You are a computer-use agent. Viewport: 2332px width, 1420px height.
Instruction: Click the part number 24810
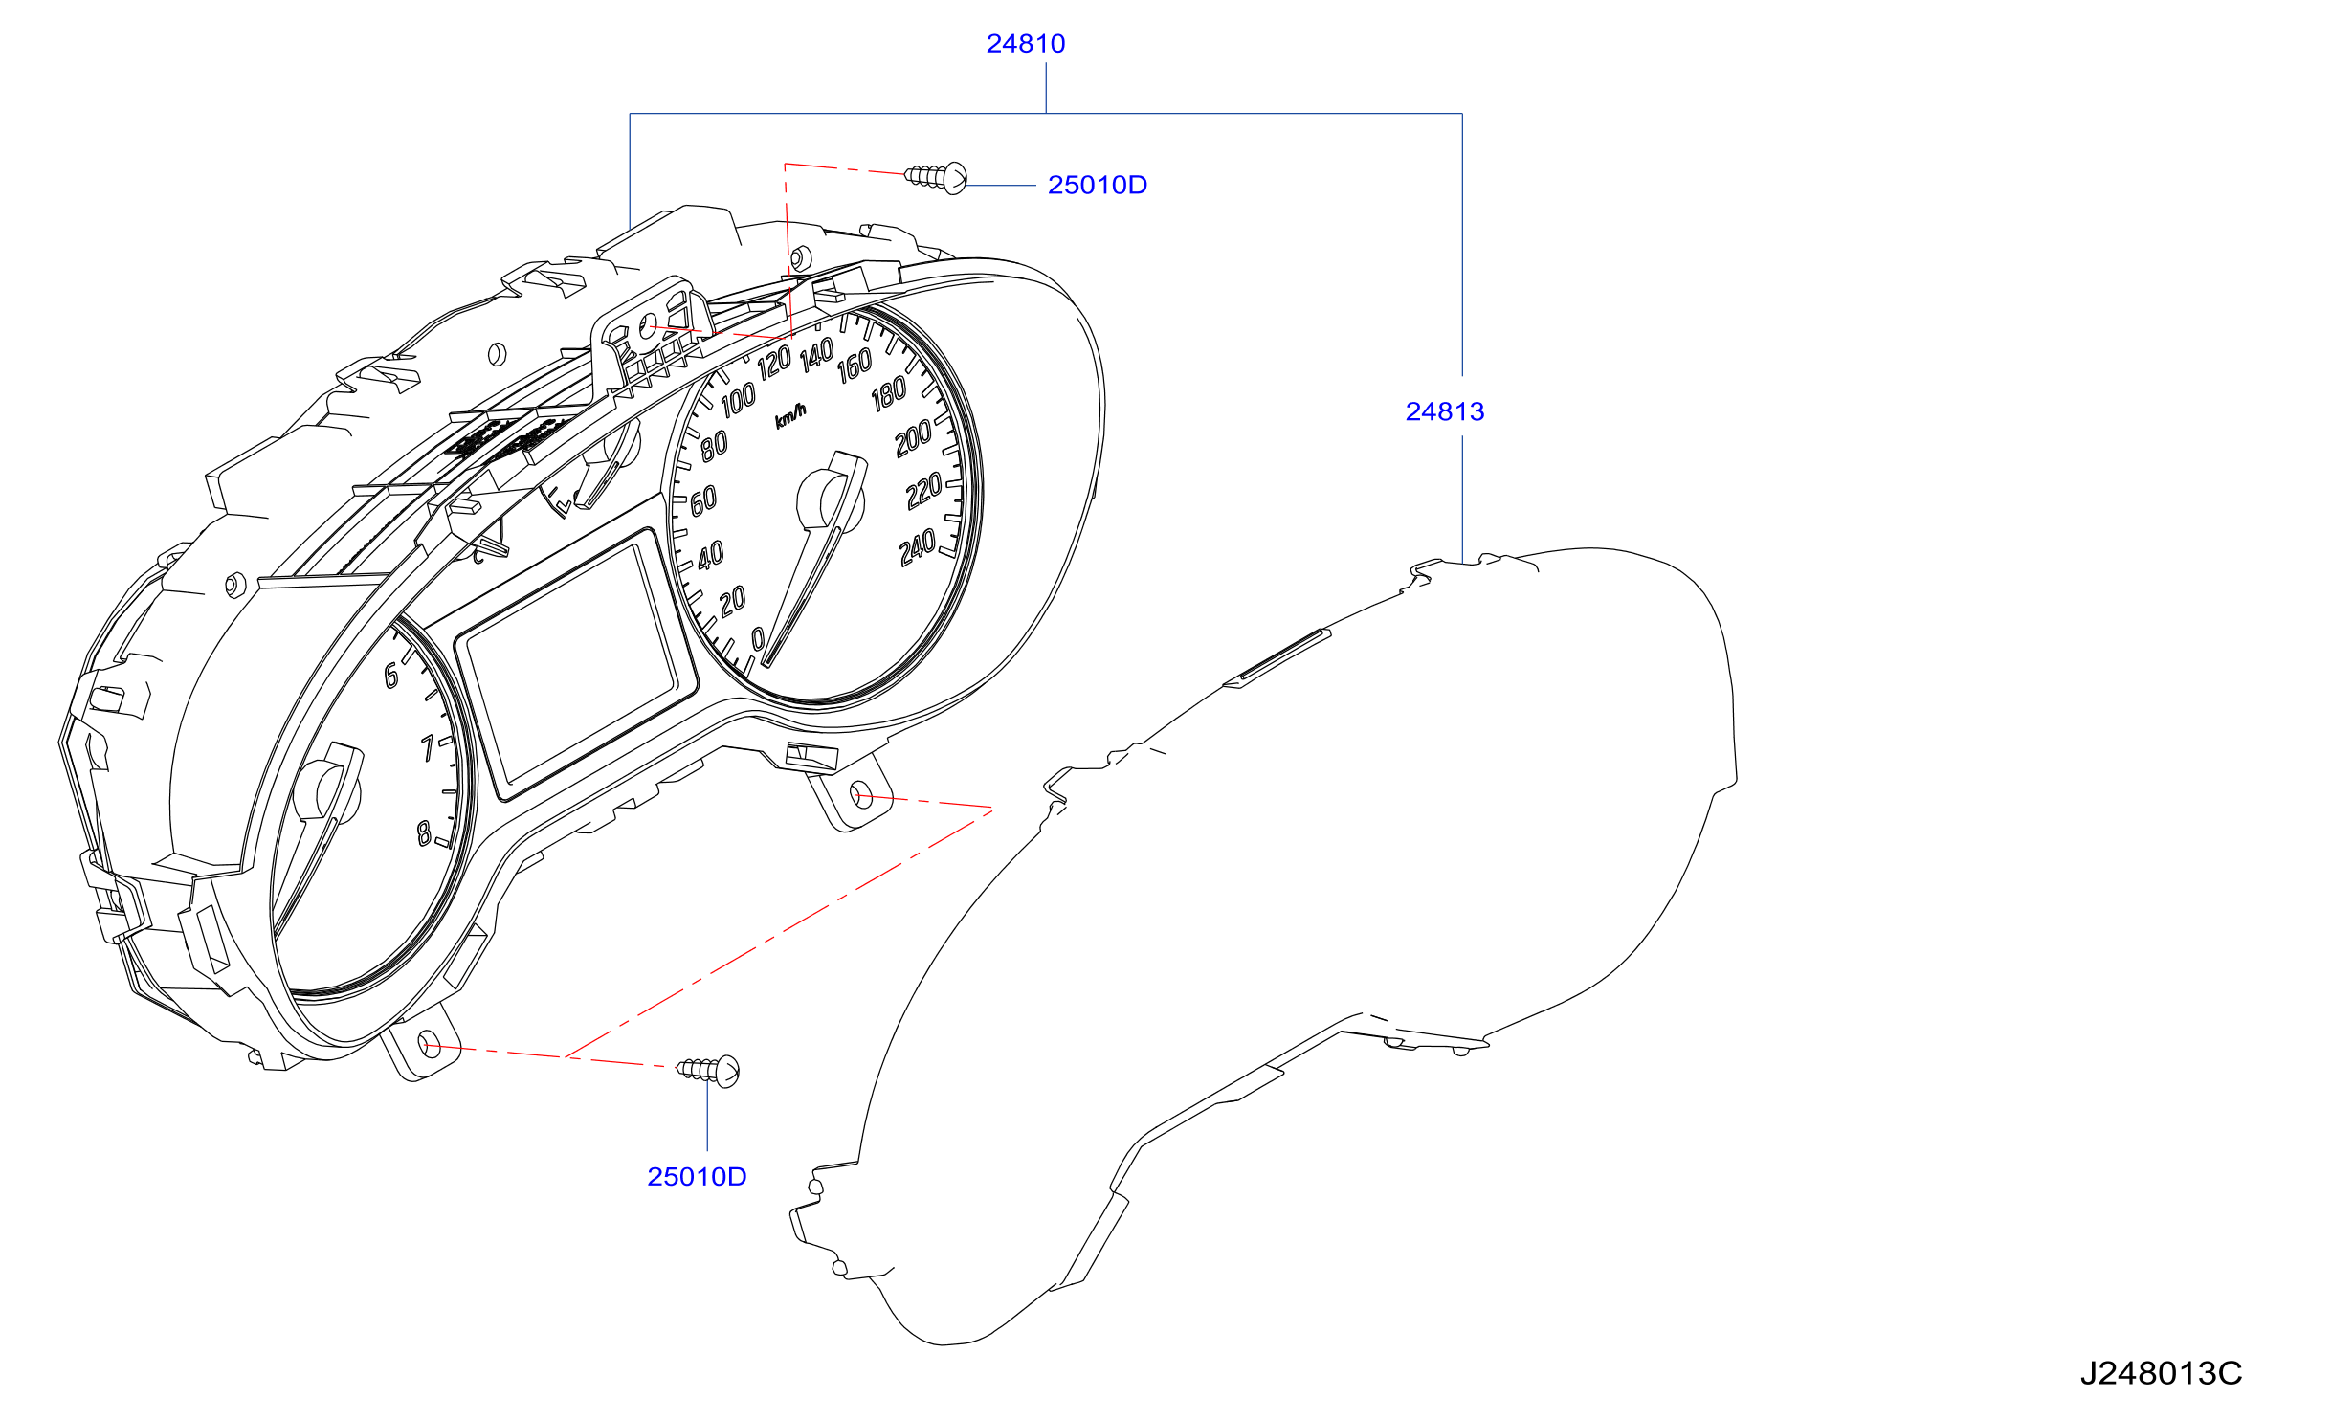pyautogui.click(x=1025, y=44)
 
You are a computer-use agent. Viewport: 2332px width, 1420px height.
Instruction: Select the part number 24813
pyautogui.click(x=1444, y=411)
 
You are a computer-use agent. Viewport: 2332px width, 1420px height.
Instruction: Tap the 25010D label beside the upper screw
pyautogui.click(x=1097, y=185)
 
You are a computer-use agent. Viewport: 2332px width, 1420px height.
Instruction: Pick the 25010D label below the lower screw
pyautogui.click(x=697, y=1176)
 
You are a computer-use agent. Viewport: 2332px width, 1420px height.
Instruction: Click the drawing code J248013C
pyautogui.click(x=2161, y=1373)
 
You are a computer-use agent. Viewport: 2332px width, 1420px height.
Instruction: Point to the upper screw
pyautogui.click(x=936, y=177)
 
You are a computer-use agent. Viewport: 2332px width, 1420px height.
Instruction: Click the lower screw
pyautogui.click(x=708, y=1071)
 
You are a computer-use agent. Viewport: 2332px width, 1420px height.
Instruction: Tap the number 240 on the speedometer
pyautogui.click(x=918, y=548)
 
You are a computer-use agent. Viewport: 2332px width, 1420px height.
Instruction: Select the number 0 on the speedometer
pyautogui.click(x=759, y=638)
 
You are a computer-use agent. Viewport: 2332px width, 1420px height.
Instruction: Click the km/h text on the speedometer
pyautogui.click(x=790, y=416)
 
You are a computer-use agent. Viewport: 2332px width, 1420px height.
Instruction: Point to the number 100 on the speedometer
pyautogui.click(x=738, y=400)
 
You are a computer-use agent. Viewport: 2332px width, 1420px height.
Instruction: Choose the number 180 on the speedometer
pyautogui.click(x=888, y=393)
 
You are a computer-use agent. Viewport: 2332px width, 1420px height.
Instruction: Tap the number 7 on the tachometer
pyautogui.click(x=428, y=747)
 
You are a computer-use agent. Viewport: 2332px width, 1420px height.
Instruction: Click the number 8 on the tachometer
pyautogui.click(x=424, y=833)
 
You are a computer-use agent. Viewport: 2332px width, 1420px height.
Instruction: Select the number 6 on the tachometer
pyautogui.click(x=391, y=676)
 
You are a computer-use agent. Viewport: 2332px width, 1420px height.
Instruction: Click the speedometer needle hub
pyautogui.click(x=830, y=499)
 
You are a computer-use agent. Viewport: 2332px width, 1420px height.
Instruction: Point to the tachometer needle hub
pyautogui.click(x=327, y=792)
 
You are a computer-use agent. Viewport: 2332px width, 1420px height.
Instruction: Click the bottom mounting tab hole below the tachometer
pyautogui.click(x=430, y=1045)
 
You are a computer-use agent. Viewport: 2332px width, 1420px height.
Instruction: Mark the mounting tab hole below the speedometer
pyautogui.click(x=861, y=794)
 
